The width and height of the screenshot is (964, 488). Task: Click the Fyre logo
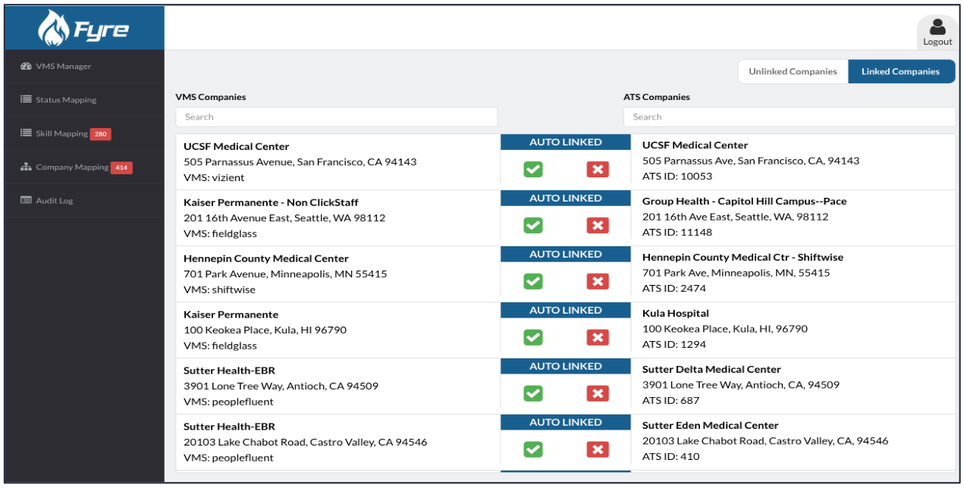(84, 29)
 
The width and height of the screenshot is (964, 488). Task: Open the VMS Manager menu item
(63, 67)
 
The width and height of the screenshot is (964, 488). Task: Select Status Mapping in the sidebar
(66, 100)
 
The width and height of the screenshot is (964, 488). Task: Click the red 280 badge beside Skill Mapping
(101, 134)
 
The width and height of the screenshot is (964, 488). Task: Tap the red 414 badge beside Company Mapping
(121, 167)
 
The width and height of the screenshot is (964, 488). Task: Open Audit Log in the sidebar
(54, 201)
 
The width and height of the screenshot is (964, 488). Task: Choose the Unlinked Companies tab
(793, 72)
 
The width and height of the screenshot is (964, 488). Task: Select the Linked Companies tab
(900, 72)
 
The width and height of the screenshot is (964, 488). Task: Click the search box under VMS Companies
(336, 117)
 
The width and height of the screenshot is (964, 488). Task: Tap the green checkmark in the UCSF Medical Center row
(533, 169)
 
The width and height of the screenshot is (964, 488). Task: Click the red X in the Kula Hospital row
(598, 337)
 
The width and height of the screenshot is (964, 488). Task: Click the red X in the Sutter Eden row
(598, 449)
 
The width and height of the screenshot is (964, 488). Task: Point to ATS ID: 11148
(677, 232)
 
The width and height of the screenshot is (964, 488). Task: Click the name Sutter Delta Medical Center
(711, 370)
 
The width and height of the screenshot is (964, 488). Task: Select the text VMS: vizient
(214, 178)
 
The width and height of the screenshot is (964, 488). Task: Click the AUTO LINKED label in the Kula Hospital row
(565, 311)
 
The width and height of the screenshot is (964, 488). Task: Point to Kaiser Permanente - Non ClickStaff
(271, 202)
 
